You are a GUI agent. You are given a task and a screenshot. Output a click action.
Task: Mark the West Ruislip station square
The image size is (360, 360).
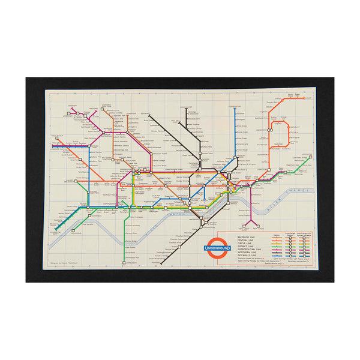[55, 145]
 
